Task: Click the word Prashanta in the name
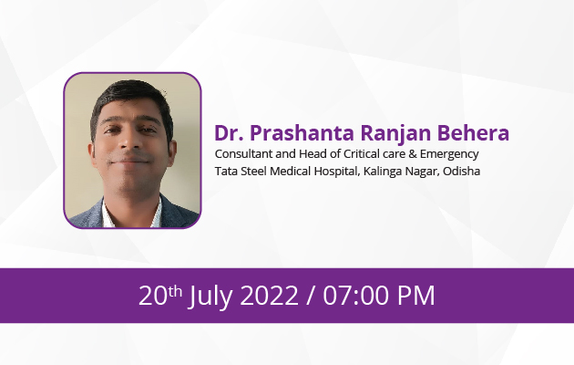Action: click(x=302, y=133)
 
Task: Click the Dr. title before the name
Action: click(x=229, y=132)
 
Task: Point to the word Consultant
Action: click(x=244, y=154)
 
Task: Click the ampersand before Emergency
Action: click(x=413, y=154)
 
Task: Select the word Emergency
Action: click(x=449, y=154)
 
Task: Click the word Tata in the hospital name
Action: click(x=226, y=172)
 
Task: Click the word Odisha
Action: click(x=461, y=172)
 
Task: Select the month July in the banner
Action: click(x=210, y=296)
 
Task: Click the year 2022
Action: click(x=269, y=296)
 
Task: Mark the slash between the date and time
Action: click(x=311, y=296)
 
